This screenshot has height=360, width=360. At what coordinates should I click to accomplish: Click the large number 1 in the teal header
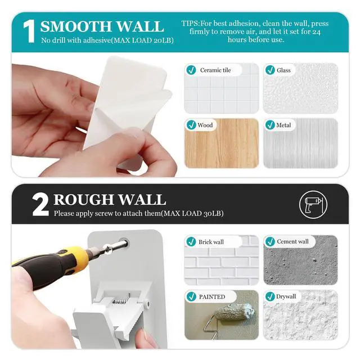point(30,31)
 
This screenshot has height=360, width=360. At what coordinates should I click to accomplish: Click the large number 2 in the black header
point(40,205)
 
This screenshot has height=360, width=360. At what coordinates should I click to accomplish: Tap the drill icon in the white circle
point(313,204)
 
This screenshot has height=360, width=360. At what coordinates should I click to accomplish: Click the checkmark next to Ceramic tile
point(191,70)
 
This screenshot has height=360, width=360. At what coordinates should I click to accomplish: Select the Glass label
point(283,70)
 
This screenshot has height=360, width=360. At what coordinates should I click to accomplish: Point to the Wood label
point(205,125)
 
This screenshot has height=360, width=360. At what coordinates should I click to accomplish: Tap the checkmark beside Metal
point(270,125)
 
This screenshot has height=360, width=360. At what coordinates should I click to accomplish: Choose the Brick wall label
point(211,242)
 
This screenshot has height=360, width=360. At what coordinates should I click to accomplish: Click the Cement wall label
point(292,241)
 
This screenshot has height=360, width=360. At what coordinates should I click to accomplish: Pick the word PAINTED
point(212,297)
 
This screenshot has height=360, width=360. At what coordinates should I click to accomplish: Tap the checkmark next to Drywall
point(270,296)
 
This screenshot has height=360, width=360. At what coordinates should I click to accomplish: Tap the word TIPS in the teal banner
point(190,24)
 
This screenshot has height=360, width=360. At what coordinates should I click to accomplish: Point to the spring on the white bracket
point(119,301)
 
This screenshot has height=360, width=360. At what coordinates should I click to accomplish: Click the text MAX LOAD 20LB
point(142,40)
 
